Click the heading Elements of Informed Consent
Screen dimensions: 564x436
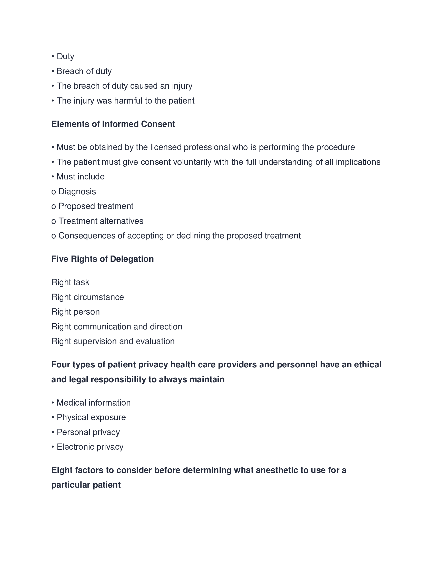tap(113, 124)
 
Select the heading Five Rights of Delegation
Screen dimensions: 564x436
tap(103, 259)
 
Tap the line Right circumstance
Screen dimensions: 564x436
tap(87, 297)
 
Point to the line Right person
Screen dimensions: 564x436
tap(75, 312)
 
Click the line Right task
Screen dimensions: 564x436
tap(70, 283)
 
